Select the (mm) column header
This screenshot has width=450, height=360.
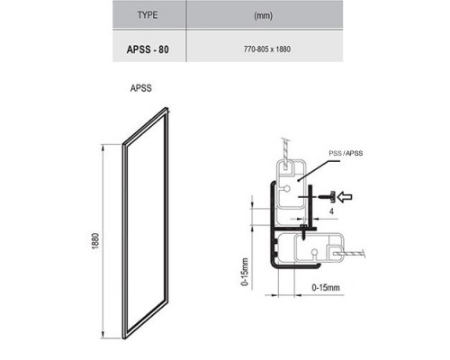(x=264, y=15)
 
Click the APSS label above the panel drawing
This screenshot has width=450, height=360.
(x=142, y=89)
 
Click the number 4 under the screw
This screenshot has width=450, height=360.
(x=332, y=211)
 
